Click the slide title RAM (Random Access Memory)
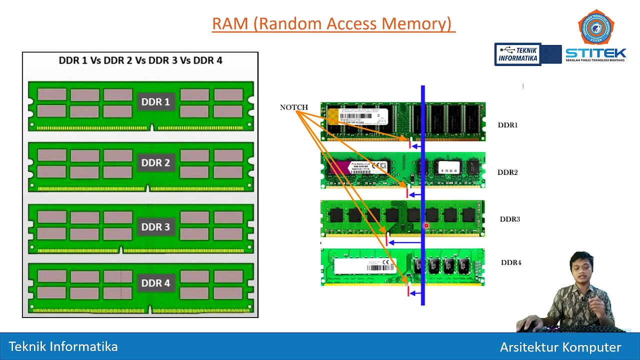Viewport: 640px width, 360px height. [333, 23]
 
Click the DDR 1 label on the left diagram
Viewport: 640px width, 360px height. [155, 102]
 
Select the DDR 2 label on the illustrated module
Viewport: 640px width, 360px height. [155, 163]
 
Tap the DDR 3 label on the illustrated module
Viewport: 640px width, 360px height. [155, 227]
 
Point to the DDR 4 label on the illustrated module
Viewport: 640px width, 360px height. [155, 283]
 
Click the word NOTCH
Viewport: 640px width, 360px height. [293, 107]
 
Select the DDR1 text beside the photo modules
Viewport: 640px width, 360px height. [507, 125]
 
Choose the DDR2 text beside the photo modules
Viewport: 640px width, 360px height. [507, 172]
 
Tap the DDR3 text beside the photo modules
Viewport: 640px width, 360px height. [509, 219]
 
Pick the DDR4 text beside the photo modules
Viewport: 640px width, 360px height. [511, 262]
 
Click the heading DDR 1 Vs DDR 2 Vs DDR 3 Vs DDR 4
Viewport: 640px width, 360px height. [140, 60]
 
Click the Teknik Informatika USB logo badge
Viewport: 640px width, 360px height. [518, 54]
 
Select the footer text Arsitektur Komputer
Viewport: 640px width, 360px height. [560, 347]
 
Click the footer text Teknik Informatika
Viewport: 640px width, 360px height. [63, 346]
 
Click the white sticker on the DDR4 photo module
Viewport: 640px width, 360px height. [364, 266]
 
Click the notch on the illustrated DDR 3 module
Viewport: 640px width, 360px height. [120, 249]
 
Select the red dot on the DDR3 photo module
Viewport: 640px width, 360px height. [426, 226]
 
